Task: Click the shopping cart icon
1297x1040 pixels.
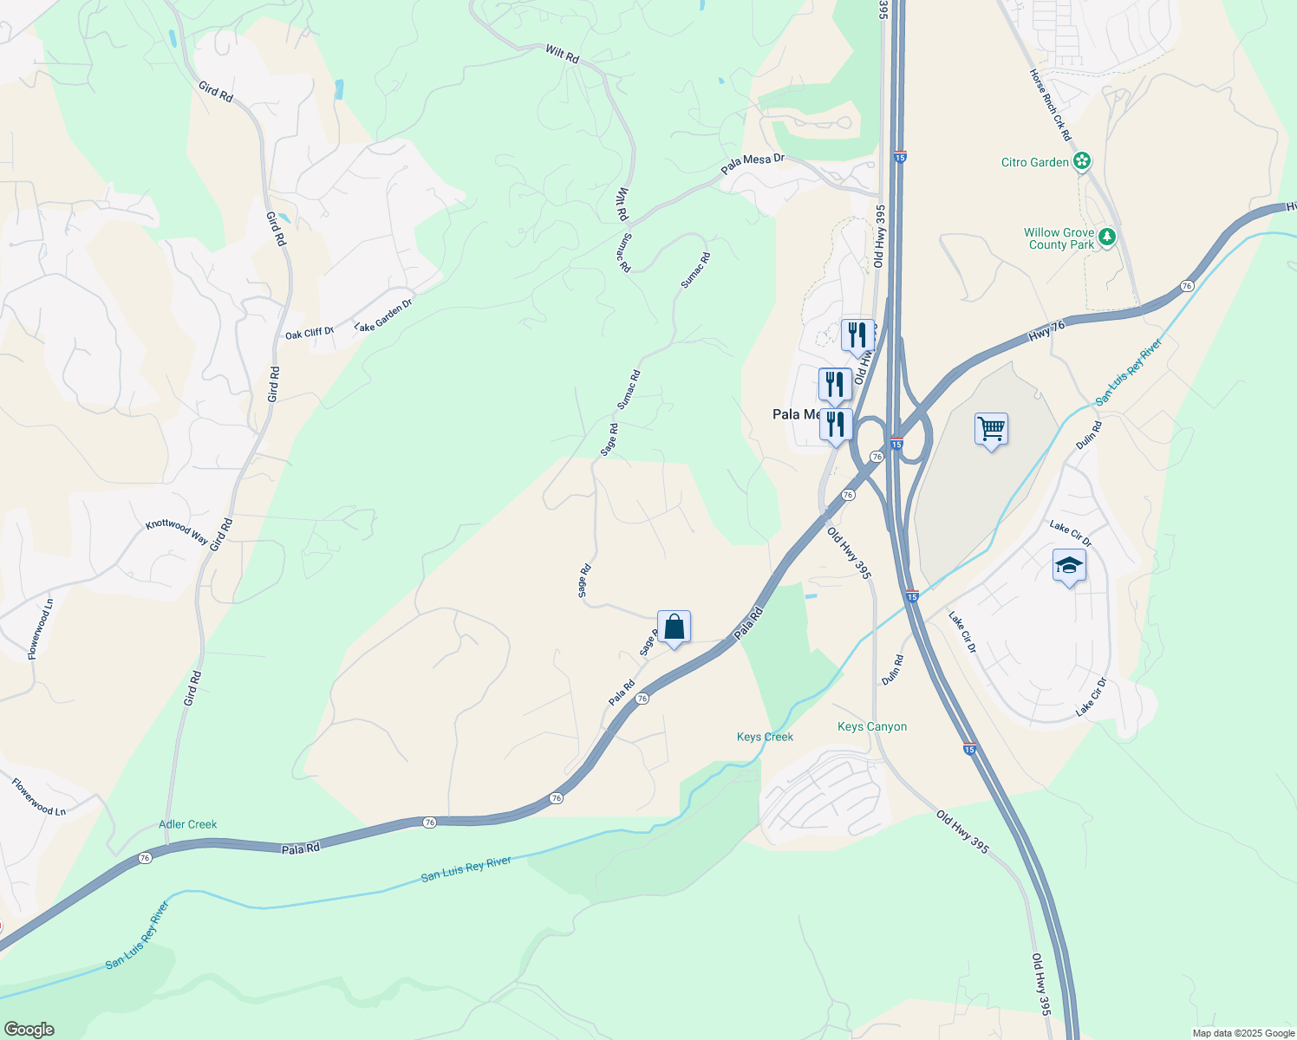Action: click(991, 428)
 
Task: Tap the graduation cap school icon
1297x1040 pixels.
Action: click(1069, 566)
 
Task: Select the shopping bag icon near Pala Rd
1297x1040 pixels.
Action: click(674, 626)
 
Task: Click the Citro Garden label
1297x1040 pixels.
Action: click(1035, 162)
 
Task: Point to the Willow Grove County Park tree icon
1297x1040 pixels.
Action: click(1106, 237)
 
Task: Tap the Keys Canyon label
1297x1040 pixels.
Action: click(872, 726)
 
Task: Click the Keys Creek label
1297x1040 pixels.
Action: click(765, 737)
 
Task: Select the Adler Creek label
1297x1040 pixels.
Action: click(188, 824)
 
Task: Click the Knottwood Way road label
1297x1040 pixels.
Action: click(176, 531)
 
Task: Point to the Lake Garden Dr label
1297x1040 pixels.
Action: click(383, 315)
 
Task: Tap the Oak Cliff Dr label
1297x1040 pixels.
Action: click(310, 333)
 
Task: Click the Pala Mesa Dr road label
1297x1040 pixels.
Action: click(753, 162)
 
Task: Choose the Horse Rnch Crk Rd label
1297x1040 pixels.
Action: click(1050, 105)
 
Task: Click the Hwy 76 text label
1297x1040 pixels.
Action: click(1046, 328)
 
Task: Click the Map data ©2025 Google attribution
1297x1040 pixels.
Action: click(1242, 1033)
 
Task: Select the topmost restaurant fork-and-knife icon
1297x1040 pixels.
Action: click(857, 335)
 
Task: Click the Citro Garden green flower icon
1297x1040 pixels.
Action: click(1081, 161)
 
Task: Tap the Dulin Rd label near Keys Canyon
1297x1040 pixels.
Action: click(892, 671)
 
